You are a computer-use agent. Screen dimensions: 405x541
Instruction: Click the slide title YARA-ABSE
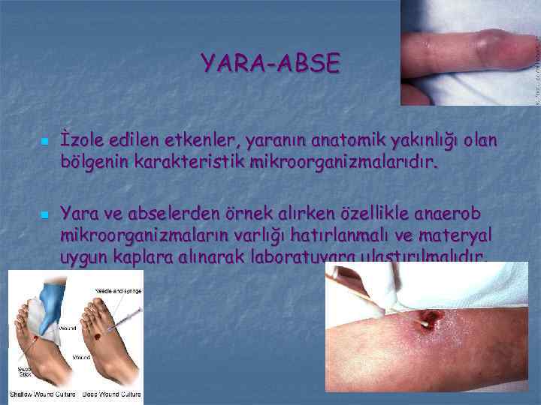click(270, 62)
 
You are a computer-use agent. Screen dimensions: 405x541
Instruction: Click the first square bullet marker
click(45, 141)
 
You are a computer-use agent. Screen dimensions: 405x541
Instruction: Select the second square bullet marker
click(45, 215)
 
